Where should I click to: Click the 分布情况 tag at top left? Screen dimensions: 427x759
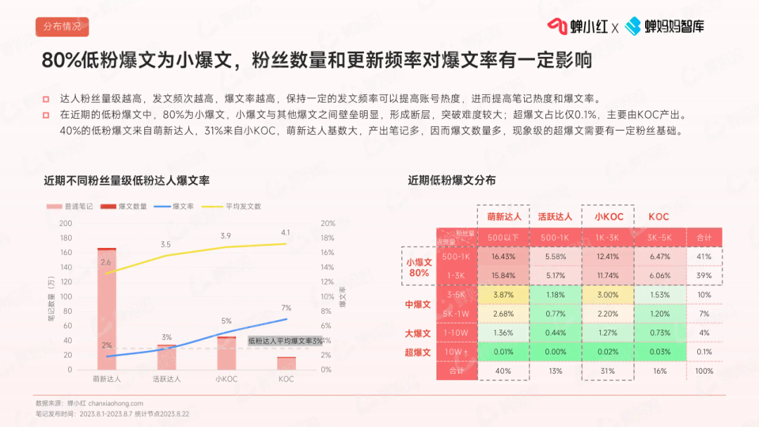click(x=62, y=27)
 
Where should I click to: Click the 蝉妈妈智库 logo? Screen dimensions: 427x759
click(x=665, y=27)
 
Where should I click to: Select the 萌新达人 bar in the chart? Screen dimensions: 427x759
click(x=107, y=309)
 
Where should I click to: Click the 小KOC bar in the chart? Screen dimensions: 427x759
click(x=226, y=353)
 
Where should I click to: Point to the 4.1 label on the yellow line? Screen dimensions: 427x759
click(x=285, y=232)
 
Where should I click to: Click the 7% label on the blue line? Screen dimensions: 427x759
click(x=286, y=308)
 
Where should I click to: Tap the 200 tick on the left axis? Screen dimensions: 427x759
click(x=66, y=223)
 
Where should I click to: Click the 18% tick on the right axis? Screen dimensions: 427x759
click(x=327, y=238)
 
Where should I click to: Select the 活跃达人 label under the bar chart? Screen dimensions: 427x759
click(x=167, y=379)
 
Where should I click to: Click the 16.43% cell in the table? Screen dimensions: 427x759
click(x=503, y=256)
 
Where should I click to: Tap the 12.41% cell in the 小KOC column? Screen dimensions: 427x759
click(x=608, y=256)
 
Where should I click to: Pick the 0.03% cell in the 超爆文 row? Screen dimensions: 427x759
click(x=660, y=352)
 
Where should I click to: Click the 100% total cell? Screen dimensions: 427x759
click(x=703, y=371)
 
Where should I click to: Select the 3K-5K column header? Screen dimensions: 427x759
click(x=660, y=237)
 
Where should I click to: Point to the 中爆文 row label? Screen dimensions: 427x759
click(x=418, y=304)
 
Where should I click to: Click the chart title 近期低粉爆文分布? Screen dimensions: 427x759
click(x=452, y=180)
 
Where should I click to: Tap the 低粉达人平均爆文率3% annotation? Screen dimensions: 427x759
click(x=285, y=341)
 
